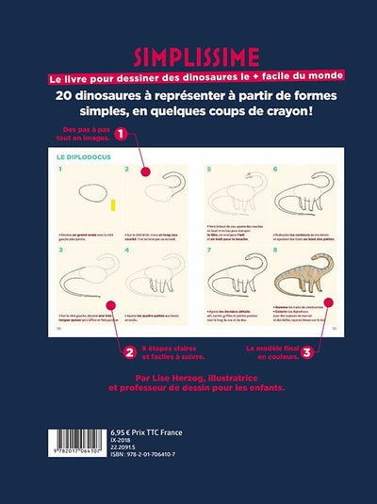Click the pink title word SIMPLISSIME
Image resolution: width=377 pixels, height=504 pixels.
point(187,55)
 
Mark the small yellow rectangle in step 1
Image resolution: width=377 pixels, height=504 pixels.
point(113,204)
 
